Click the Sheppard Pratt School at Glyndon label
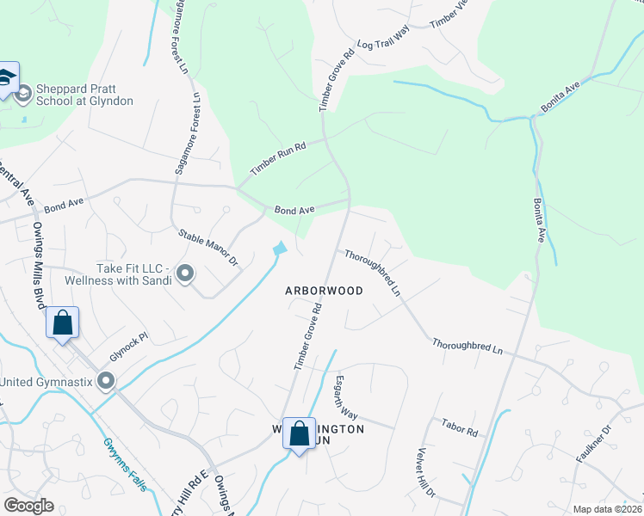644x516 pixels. click(84, 95)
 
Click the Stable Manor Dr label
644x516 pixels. click(207, 247)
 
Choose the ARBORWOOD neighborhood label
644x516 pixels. click(324, 291)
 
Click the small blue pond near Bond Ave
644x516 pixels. click(280, 249)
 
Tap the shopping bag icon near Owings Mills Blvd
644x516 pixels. click(63, 323)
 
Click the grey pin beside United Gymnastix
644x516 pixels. click(106, 380)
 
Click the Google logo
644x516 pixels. click(28, 506)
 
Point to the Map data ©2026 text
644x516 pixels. click(606, 509)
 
